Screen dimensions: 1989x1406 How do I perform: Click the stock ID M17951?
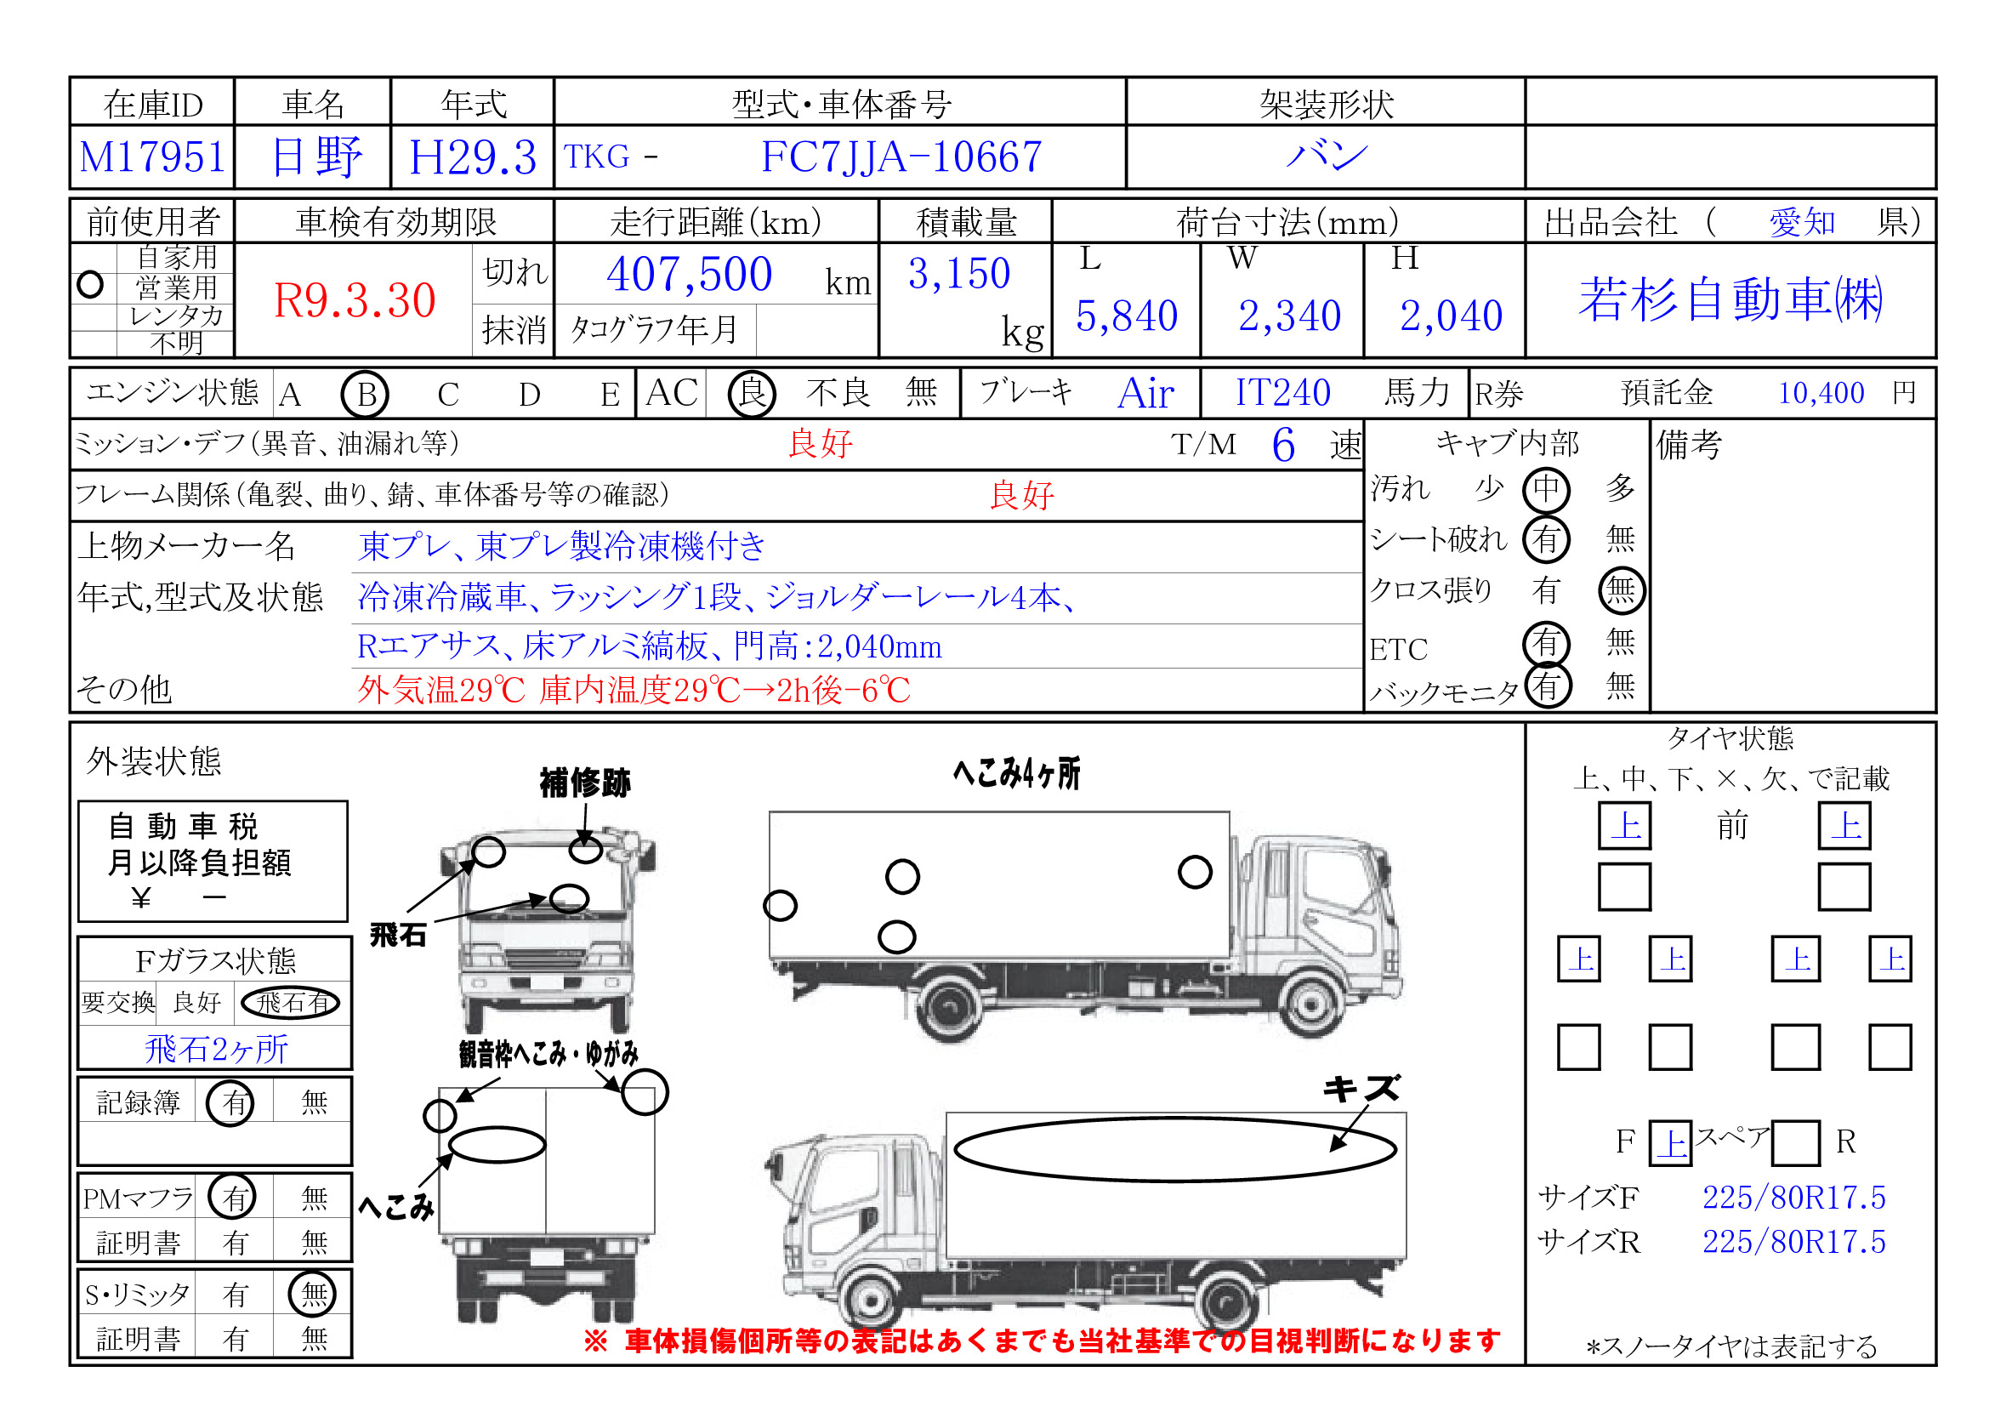pyautogui.click(x=152, y=157)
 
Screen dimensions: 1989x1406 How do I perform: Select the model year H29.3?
pyautogui.click(x=473, y=157)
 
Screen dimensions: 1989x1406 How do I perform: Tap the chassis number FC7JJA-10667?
pyautogui.click(x=901, y=157)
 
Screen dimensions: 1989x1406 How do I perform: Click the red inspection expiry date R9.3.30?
pyautogui.click(x=355, y=300)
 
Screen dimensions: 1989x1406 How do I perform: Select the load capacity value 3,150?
pyautogui.click(x=959, y=274)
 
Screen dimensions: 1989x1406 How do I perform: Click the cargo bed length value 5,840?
pyautogui.click(x=1126, y=316)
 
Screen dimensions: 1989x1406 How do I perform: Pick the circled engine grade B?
pyautogui.click(x=366, y=395)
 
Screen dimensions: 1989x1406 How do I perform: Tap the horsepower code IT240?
pyautogui.click(x=1282, y=392)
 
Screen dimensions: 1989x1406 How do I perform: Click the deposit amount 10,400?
pyautogui.click(x=1820, y=393)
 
